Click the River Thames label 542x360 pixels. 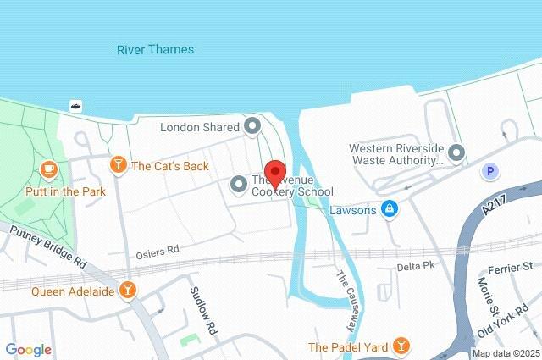click(155, 49)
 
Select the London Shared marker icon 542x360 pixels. click(252, 127)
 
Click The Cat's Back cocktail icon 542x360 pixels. click(119, 165)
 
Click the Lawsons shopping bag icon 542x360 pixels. click(389, 208)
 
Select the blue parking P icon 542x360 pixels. click(488, 172)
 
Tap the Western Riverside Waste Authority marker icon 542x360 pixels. click(456, 153)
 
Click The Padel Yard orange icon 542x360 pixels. click(401, 346)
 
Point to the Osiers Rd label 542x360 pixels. click(158, 251)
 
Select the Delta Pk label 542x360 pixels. click(416, 267)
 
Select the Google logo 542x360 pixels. click(29, 349)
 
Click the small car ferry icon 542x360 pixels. click(75, 106)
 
